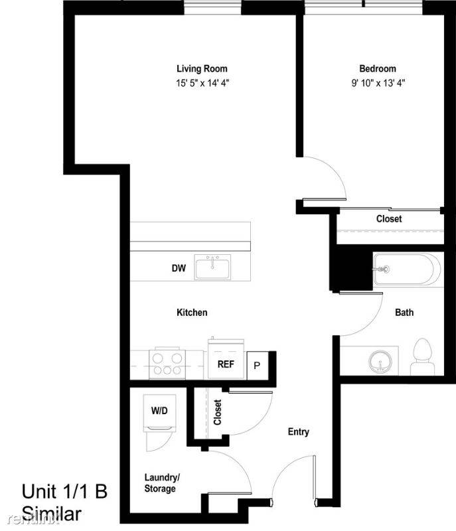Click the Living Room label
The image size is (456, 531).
[202, 68]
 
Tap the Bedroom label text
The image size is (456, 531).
[377, 68]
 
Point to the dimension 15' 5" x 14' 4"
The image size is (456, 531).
[202, 83]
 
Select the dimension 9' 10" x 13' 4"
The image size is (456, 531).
[377, 83]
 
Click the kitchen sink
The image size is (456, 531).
[212, 267]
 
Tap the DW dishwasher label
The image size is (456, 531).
[177, 269]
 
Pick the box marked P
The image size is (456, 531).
[256, 366]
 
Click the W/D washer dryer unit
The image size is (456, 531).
[159, 412]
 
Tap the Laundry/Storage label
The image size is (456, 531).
[160, 483]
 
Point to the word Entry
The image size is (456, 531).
[298, 432]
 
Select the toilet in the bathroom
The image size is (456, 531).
[421, 357]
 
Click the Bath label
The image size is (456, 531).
[404, 312]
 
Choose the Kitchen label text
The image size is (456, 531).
[192, 312]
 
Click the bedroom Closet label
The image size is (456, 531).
[388, 218]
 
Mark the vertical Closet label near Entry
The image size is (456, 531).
[218, 412]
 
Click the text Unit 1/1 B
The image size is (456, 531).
[64, 492]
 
